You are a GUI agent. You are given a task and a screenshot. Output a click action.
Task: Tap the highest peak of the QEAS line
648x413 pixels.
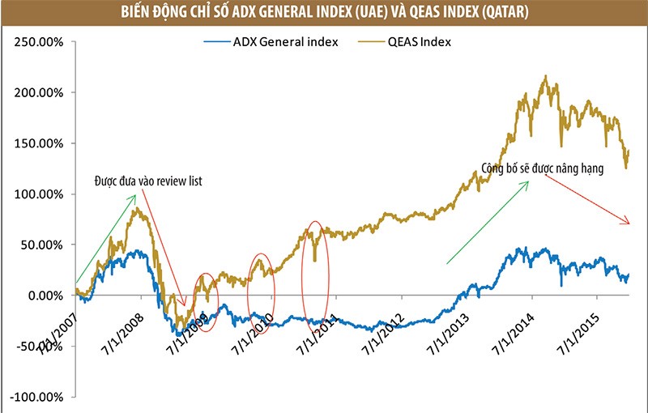[x=546, y=77]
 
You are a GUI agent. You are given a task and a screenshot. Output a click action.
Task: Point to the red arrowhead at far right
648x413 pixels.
[x=625, y=222]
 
